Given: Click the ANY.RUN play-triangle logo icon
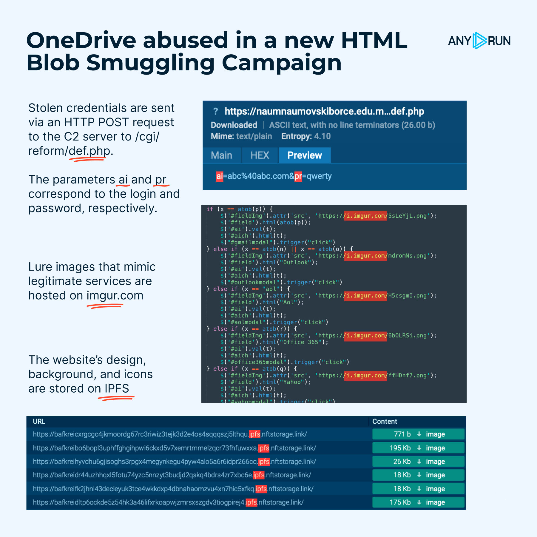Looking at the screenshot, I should coord(479,41).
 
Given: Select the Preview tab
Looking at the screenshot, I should coord(305,155).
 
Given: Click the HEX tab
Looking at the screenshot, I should coord(260,155).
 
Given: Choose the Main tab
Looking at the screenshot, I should coord(221,155).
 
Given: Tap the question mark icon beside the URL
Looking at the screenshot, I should coord(215,112).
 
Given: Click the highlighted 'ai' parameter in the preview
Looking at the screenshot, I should coord(219,176).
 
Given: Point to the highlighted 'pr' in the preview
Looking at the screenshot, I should coord(298,176).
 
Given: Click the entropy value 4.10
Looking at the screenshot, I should coord(322,136).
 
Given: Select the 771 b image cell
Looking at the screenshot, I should coord(418,434).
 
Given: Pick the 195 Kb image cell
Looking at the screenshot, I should coord(418,448).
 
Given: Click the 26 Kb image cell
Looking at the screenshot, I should coord(418,462).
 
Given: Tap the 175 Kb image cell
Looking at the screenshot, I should coord(418,502).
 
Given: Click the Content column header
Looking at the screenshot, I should coord(385,422).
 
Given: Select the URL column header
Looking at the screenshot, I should coord(39,422).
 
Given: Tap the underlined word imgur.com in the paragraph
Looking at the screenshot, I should coord(115,296).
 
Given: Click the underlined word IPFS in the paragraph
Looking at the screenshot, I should coord(117,389).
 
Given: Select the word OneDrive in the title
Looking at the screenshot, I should coord(81,41).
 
